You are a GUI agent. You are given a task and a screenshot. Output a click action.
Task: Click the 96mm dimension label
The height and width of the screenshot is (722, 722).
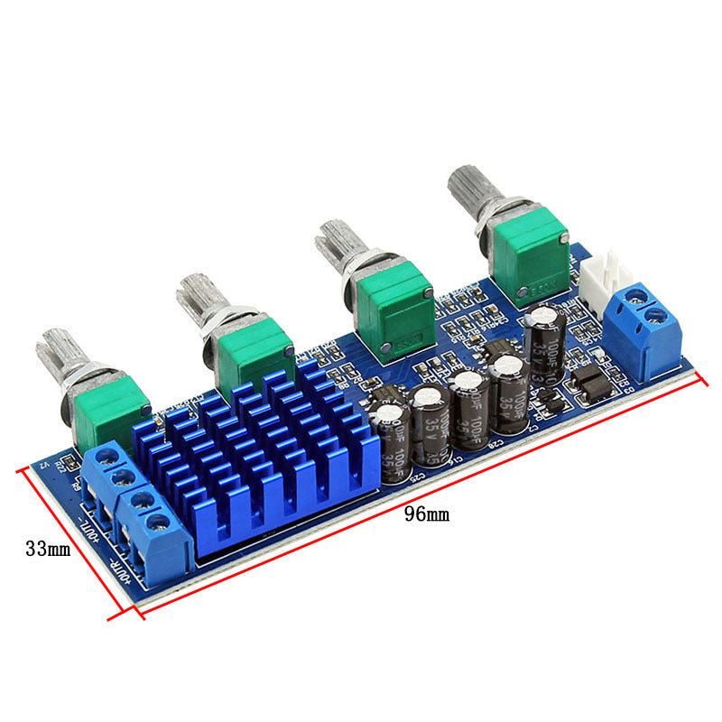click(x=426, y=515)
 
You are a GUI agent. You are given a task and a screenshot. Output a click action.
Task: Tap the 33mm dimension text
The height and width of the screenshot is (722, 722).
click(x=48, y=548)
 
